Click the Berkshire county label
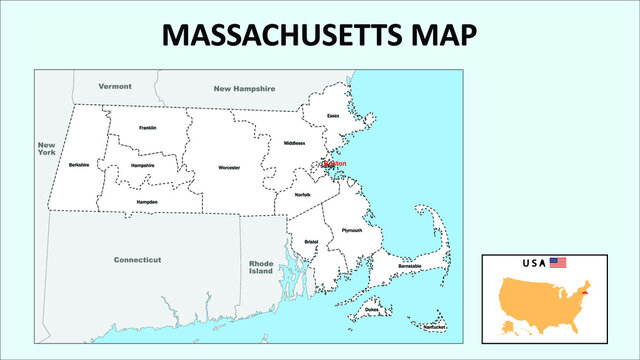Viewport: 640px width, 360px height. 79,163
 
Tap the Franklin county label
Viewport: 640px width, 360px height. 148,128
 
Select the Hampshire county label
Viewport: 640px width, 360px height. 142,165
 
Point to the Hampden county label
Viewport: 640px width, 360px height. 147,201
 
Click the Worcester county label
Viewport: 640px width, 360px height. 229,168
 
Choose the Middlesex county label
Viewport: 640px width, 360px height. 294,143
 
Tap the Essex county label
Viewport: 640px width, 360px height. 333,116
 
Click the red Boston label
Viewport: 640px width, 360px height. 335,163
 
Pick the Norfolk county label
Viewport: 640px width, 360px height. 302,195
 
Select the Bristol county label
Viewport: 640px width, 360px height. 311,241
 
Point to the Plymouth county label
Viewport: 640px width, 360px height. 352,230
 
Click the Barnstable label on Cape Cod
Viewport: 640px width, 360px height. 408,265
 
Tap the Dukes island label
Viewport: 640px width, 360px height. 372,311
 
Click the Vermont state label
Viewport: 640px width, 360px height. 115,87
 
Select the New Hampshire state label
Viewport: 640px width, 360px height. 244,89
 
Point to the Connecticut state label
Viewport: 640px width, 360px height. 137,259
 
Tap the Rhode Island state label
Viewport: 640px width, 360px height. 261,267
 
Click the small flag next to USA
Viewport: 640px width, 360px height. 557,263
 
